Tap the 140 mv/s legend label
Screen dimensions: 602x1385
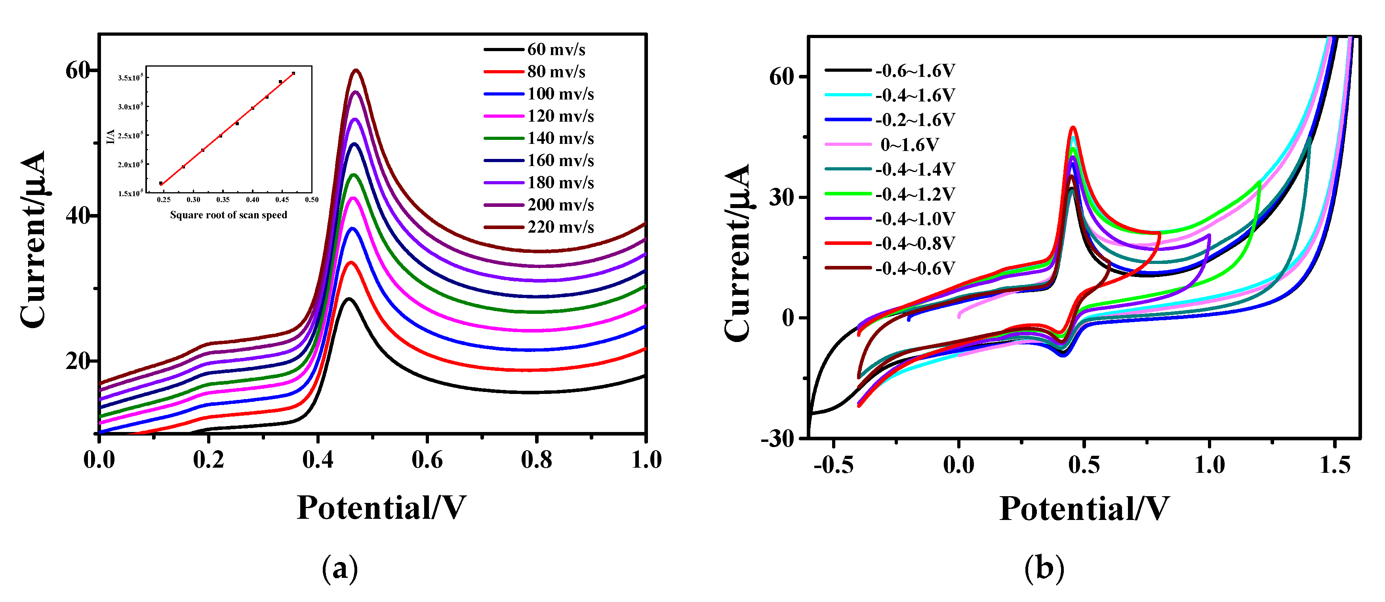560,138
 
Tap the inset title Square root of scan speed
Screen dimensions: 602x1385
229,215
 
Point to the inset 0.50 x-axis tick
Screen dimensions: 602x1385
312,200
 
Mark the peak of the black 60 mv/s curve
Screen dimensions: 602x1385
349,298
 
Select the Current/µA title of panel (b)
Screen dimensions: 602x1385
738,253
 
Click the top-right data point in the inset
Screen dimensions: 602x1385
293,73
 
